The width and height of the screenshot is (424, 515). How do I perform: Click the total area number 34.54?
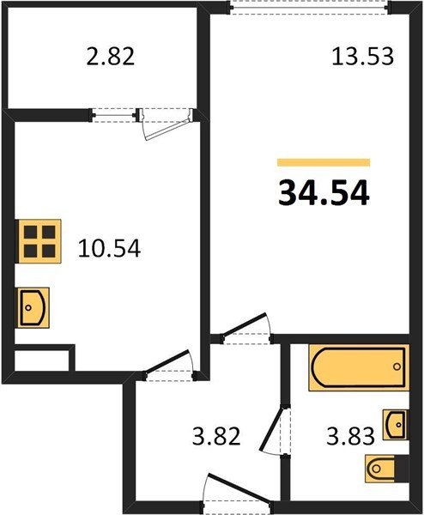324,193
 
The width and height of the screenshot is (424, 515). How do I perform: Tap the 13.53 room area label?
362,57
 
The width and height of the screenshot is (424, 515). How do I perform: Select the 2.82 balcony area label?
111,58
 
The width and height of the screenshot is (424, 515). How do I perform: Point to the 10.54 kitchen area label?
109,249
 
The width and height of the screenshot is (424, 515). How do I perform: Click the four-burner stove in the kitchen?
40,239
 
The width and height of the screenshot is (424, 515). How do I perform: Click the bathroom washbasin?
396,423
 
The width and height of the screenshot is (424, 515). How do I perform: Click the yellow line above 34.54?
324,162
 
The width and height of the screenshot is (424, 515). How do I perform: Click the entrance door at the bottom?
231,496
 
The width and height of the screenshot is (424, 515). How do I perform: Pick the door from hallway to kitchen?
170,365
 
